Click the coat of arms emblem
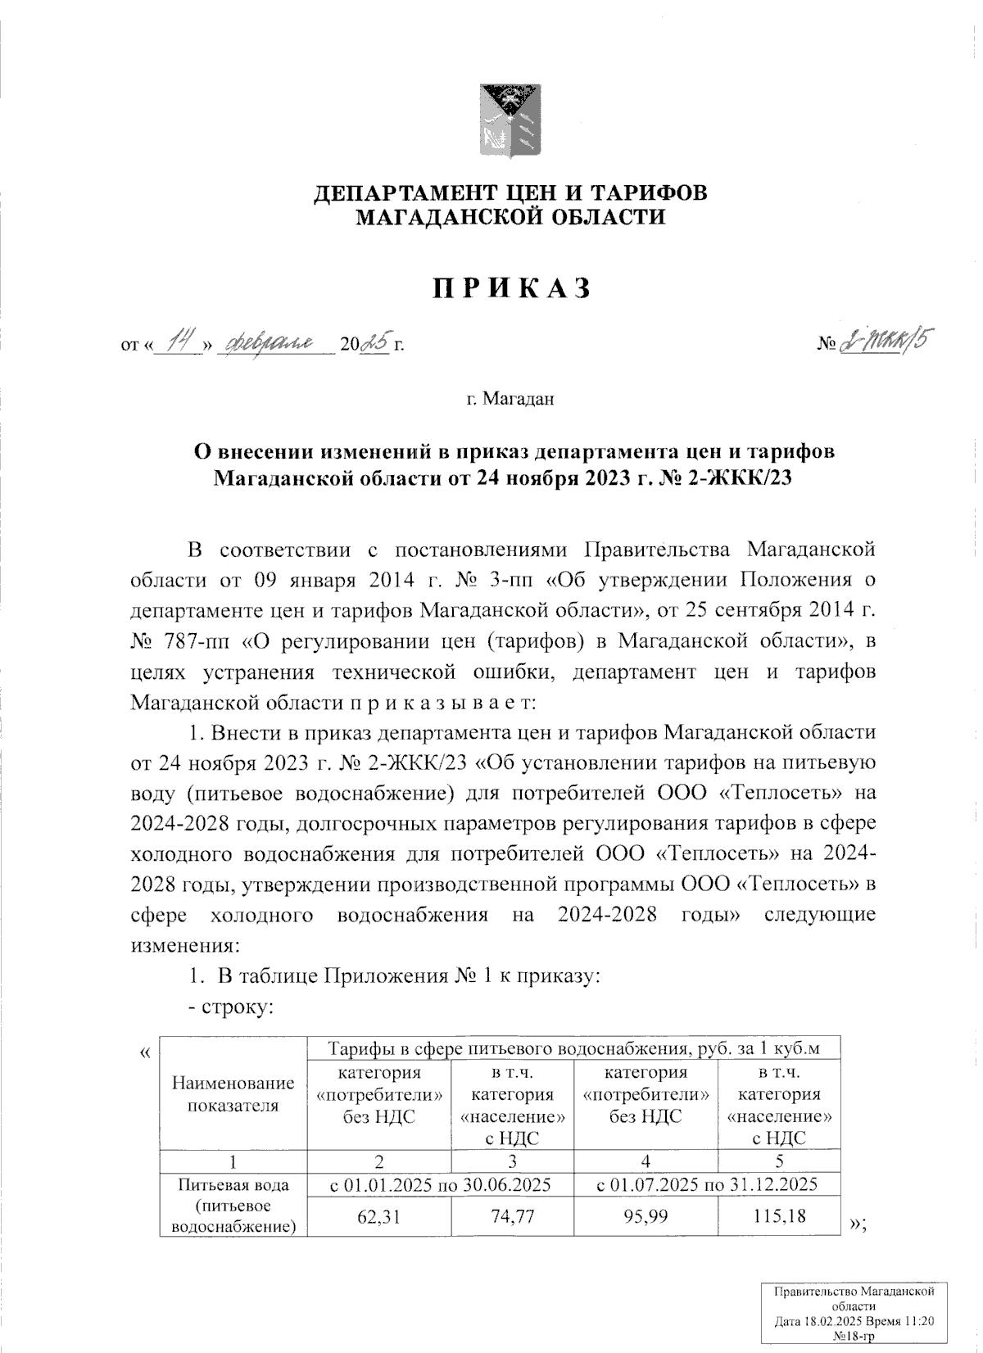[510, 121]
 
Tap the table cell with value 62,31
[379, 1216]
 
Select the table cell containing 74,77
[513, 1216]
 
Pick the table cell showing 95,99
[646, 1216]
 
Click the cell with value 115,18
[779, 1216]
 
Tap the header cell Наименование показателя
[233, 1094]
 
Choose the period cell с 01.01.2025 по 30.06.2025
[440, 1184]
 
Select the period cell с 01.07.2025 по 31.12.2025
[707, 1184]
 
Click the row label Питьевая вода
[233, 1184]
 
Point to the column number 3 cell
[513, 1161]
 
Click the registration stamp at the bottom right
[855, 1315]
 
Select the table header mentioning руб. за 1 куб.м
[573, 1048]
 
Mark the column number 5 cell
[779, 1161]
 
